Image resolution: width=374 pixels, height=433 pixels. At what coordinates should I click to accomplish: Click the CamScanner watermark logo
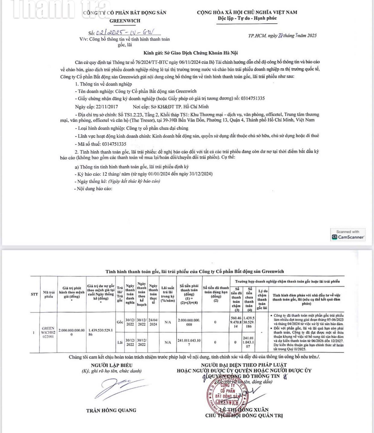tap(348, 235)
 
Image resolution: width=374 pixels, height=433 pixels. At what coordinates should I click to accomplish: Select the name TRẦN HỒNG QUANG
tap(111, 410)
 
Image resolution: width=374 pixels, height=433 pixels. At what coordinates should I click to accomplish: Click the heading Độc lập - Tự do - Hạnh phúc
tap(247, 18)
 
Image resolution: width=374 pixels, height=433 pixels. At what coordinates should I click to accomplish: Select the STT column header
tap(34, 294)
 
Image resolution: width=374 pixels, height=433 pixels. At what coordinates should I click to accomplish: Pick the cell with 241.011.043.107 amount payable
tap(189, 342)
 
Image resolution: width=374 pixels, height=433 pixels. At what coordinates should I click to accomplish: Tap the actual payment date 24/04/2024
tap(153, 322)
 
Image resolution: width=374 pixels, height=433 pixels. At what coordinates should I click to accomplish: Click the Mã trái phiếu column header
tap(48, 294)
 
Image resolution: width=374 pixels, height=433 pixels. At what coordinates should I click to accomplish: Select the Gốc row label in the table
tap(120, 322)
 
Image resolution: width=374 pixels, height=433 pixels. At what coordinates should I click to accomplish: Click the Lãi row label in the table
tap(120, 342)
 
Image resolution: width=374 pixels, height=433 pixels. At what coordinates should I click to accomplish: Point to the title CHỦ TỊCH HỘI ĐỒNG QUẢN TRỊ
tap(244, 416)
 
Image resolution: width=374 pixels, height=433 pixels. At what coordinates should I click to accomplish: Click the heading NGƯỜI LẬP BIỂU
tap(111, 365)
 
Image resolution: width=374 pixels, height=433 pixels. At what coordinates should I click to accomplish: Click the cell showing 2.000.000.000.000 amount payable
tap(189, 322)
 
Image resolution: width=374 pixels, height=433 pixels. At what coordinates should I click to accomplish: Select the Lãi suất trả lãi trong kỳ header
tap(168, 294)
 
